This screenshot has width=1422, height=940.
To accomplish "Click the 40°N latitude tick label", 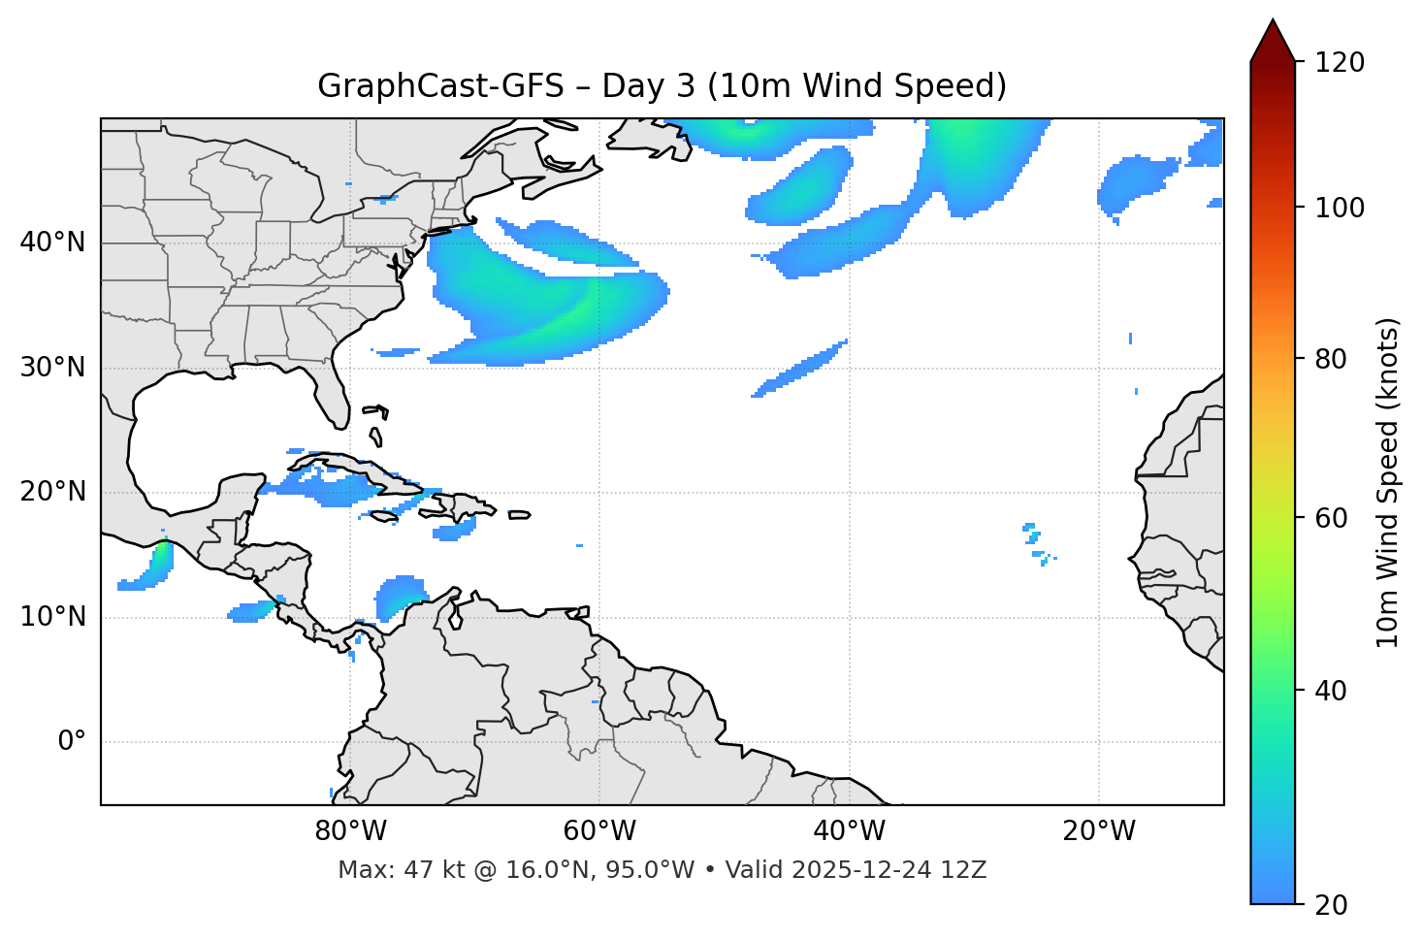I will coord(52,243).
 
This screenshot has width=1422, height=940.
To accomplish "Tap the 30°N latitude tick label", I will coord(52,368).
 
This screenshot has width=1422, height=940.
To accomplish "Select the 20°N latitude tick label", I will coord(52,492).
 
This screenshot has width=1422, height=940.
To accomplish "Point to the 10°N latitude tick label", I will coord(52,617).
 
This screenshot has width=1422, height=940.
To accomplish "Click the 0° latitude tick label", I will coord(72,742).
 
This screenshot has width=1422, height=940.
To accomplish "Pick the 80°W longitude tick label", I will coord(350,831).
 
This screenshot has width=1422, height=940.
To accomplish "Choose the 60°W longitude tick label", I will coord(599,831).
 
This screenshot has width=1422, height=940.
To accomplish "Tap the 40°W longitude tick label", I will coord(849,831).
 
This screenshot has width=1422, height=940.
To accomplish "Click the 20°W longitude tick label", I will coord(1098,831).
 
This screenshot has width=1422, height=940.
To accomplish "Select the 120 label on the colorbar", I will coord(1339,63).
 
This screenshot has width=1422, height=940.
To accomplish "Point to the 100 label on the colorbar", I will coord(1339,208).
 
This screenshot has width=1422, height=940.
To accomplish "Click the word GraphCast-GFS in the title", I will coord(440,86).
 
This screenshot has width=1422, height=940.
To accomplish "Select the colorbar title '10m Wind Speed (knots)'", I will coord(1388,482).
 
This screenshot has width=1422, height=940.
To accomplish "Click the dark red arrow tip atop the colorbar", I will coord(1273,39).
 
